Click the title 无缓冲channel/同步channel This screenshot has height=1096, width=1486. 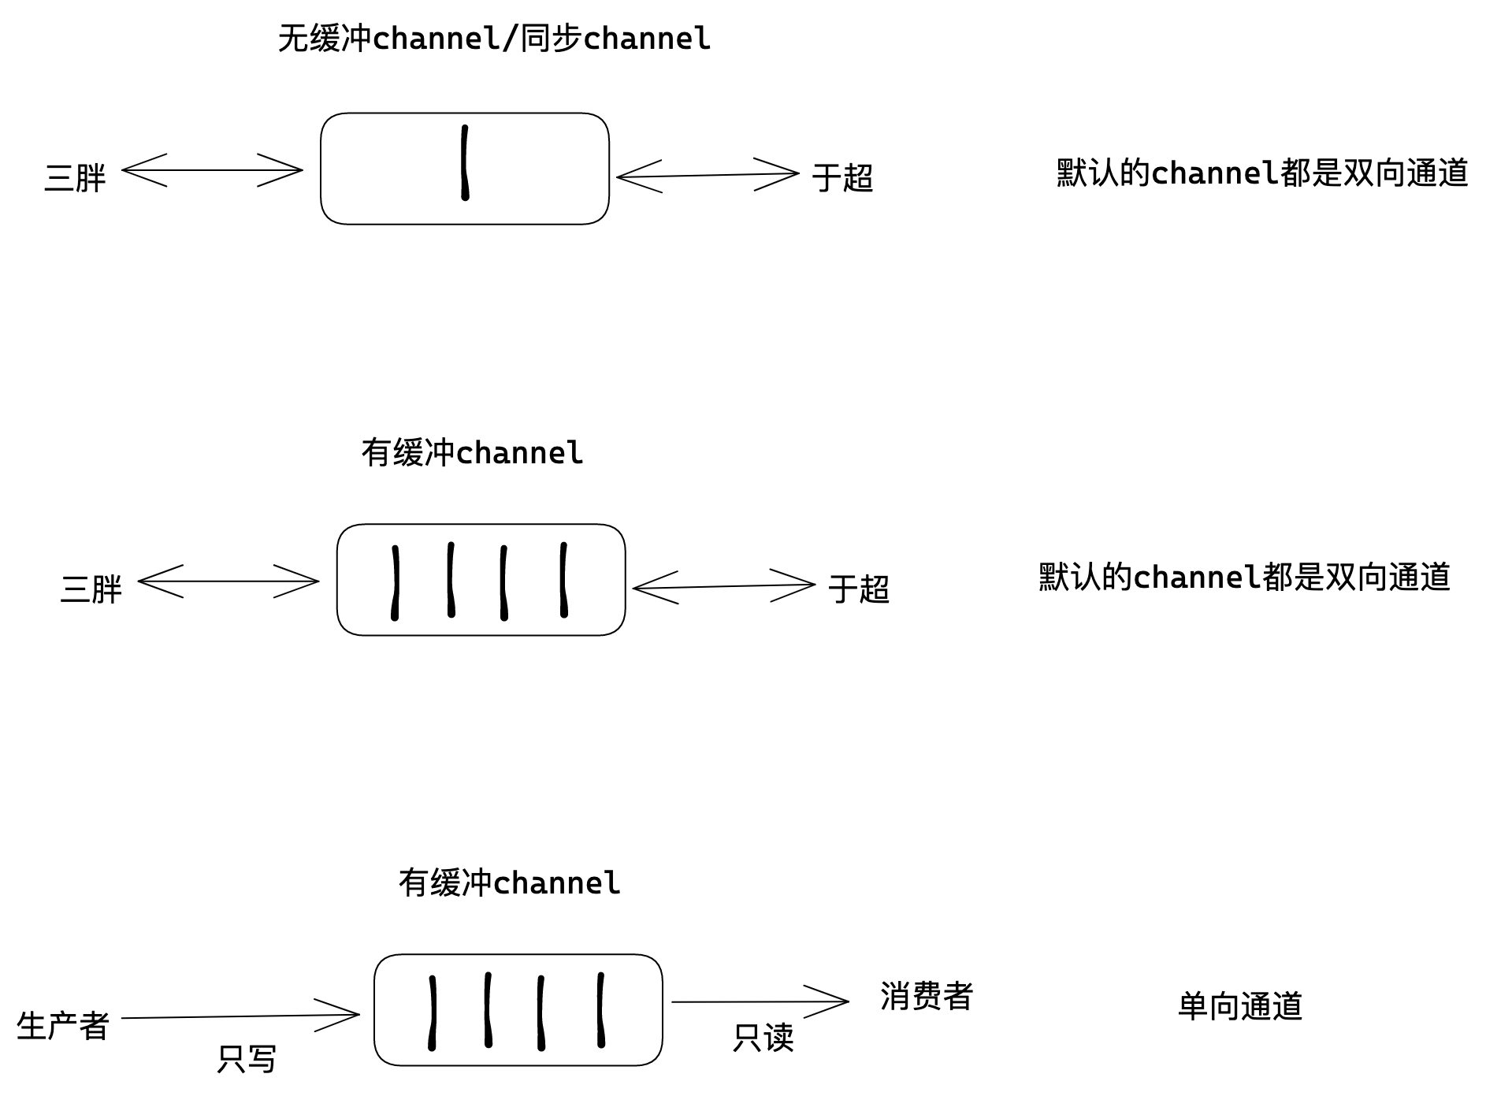coord(494,39)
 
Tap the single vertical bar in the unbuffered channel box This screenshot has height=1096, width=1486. coord(465,163)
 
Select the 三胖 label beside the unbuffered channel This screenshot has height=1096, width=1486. coord(75,177)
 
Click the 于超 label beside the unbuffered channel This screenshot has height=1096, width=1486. coord(842,177)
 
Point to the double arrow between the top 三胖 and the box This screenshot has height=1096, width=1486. coord(212,169)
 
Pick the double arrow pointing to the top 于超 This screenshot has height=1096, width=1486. coord(707,175)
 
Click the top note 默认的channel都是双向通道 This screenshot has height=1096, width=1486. coord(1261,173)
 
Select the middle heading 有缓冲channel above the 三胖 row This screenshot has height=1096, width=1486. coord(472,453)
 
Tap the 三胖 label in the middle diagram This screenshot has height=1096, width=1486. coord(91,589)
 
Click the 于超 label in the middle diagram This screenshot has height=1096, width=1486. coord(858,589)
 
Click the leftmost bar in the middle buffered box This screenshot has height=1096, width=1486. coord(395,582)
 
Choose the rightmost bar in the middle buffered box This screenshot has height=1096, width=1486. coord(563,580)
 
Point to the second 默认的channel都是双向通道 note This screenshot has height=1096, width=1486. coord(1244,577)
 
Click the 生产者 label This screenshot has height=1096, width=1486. coord(62,1026)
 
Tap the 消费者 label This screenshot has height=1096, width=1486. coord(927,996)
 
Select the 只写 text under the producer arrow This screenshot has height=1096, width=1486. coord(247,1059)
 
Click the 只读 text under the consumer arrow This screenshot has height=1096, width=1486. coord(763,1038)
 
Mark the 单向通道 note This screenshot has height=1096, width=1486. coord(1239,1006)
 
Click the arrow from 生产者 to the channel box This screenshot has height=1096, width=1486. coord(240,1016)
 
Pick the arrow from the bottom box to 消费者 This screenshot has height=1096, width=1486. coord(760,1001)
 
